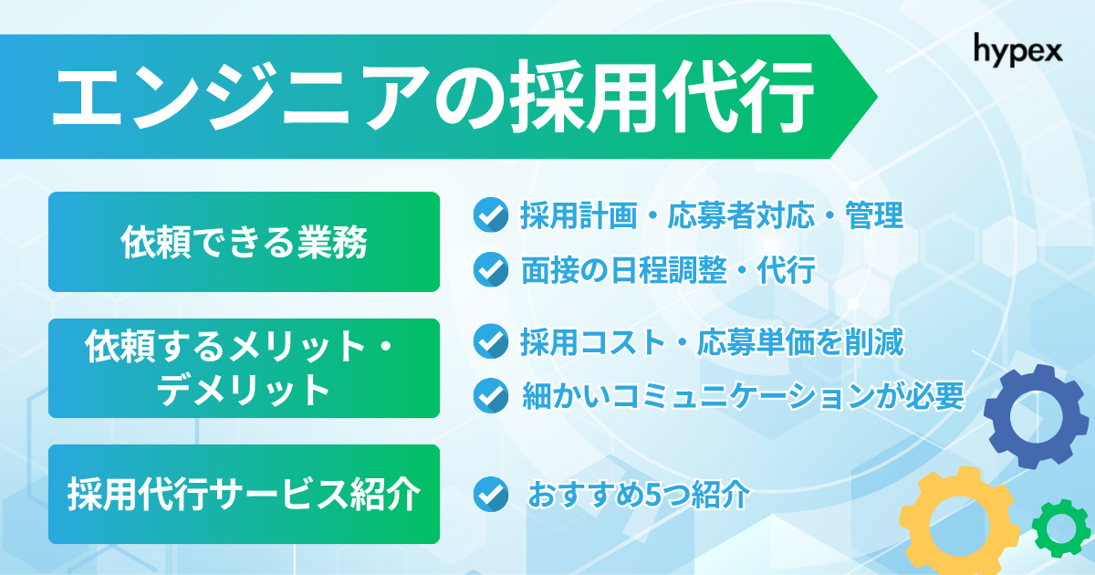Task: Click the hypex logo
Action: [1017, 47]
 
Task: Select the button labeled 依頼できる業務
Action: [244, 242]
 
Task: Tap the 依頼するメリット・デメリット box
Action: [244, 368]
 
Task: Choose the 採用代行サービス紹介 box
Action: [244, 495]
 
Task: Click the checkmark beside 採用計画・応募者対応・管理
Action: [491, 216]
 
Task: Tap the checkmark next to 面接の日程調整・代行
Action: [491, 270]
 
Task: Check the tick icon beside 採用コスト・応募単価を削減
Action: [491, 342]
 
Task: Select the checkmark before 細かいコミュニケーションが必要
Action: [491, 396]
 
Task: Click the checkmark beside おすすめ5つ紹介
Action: [491, 494]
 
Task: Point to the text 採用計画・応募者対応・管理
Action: [712, 216]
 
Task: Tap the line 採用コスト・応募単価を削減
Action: [712, 342]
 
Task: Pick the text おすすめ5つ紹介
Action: [639, 495]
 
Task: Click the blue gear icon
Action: [1029, 417]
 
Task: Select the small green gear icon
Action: [1060, 528]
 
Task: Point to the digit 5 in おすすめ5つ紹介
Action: [652, 495]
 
